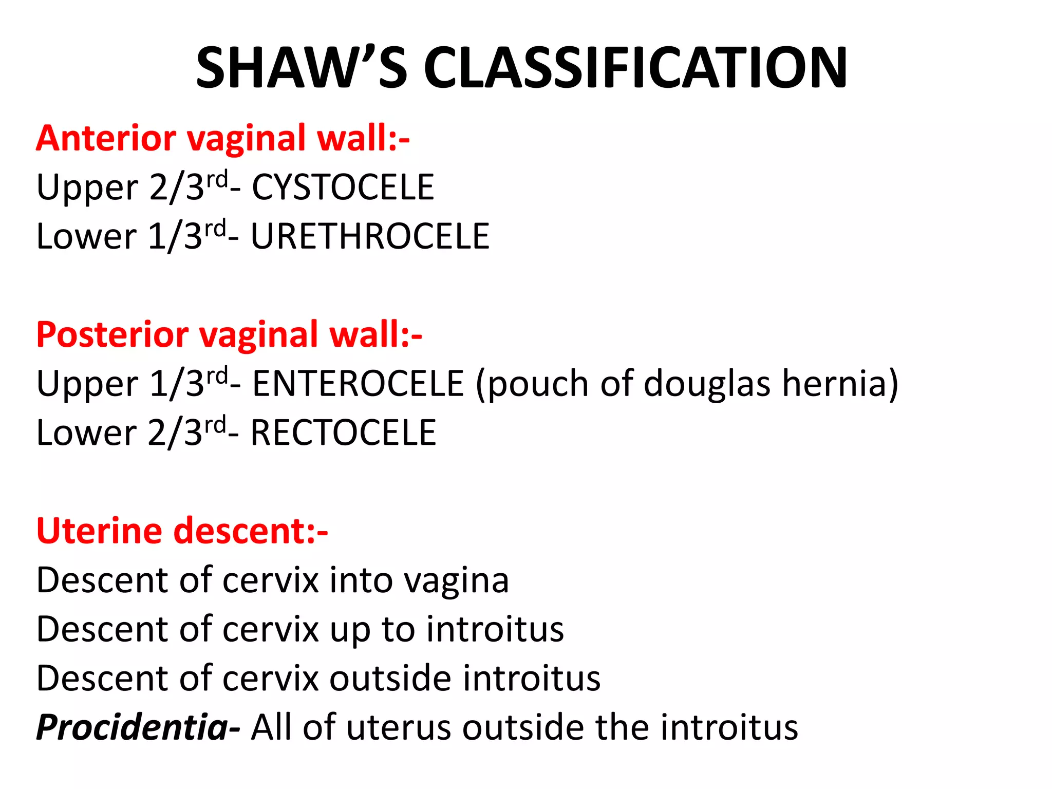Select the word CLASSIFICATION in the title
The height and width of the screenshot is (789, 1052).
tap(635, 68)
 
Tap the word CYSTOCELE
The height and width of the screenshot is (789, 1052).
tap(343, 187)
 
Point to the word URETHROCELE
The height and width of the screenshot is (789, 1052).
tap(370, 237)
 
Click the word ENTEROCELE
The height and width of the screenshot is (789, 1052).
tap(358, 384)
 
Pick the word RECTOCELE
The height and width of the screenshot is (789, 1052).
tap(343, 433)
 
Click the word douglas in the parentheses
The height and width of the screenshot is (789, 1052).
tap(707, 385)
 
